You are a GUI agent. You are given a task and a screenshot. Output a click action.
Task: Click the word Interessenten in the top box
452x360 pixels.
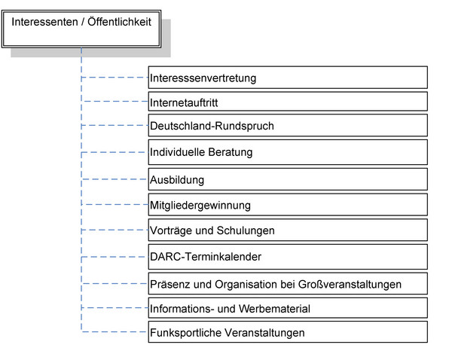tap(44, 22)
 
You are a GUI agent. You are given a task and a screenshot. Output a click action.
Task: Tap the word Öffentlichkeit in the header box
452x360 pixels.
tap(119, 22)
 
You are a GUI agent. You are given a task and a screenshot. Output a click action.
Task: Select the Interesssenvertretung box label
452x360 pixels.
tap(203, 78)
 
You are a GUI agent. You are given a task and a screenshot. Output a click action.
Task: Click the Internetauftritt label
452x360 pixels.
tap(184, 102)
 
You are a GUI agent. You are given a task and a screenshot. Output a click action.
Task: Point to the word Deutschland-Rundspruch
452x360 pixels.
tap(212, 126)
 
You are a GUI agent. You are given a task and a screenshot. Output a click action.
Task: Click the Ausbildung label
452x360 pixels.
tap(177, 180)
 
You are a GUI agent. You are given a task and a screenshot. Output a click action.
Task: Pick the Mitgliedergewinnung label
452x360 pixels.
tap(200, 206)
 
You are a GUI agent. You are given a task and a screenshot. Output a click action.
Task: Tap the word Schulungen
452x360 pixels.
tap(246, 230)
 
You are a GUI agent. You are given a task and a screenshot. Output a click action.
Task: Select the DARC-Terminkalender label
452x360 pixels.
tap(206, 257)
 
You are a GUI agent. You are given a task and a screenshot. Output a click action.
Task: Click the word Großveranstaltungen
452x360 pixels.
tap(350, 285)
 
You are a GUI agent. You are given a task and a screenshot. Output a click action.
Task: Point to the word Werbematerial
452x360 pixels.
tap(274, 309)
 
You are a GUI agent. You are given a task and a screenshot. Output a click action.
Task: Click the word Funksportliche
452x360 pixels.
tap(185, 333)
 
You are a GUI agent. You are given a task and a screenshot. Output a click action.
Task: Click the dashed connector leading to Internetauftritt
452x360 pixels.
tap(115, 102)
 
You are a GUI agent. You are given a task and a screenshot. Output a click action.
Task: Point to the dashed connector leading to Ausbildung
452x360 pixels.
tap(115, 179)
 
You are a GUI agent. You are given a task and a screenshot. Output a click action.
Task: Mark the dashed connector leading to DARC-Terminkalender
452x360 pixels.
tap(115, 257)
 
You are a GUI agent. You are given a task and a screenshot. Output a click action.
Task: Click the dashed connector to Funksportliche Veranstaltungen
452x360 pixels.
tap(115, 331)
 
